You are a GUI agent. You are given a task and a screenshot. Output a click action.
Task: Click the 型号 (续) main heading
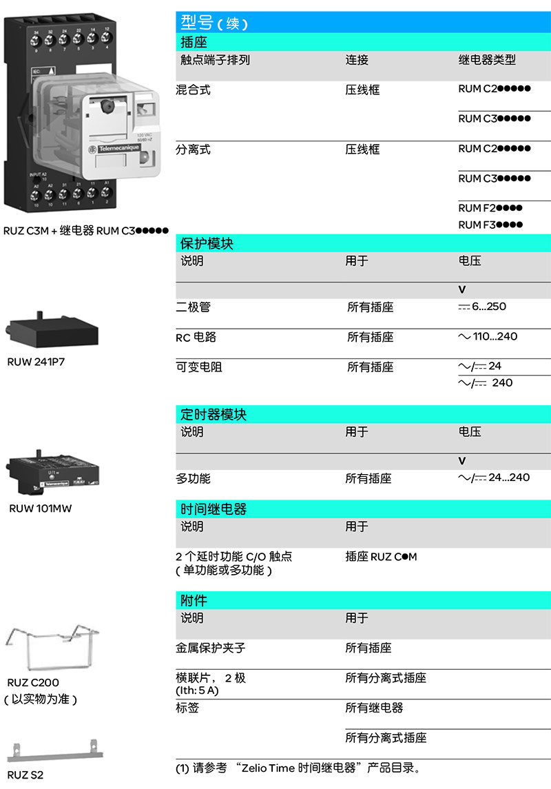214,22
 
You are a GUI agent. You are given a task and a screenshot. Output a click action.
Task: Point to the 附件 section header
194,601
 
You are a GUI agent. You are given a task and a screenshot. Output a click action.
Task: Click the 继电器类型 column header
487,61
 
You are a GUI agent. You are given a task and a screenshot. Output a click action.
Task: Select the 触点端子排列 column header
215,61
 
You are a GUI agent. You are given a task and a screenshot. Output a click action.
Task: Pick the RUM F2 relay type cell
490,208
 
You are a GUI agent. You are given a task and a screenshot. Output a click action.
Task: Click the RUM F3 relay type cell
490,225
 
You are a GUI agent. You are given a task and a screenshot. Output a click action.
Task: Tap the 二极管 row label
193,307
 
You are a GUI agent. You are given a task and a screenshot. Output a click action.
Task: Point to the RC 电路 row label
196,338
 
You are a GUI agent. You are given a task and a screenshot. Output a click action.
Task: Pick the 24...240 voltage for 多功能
508,477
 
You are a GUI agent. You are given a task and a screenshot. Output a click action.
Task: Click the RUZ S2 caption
25,775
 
